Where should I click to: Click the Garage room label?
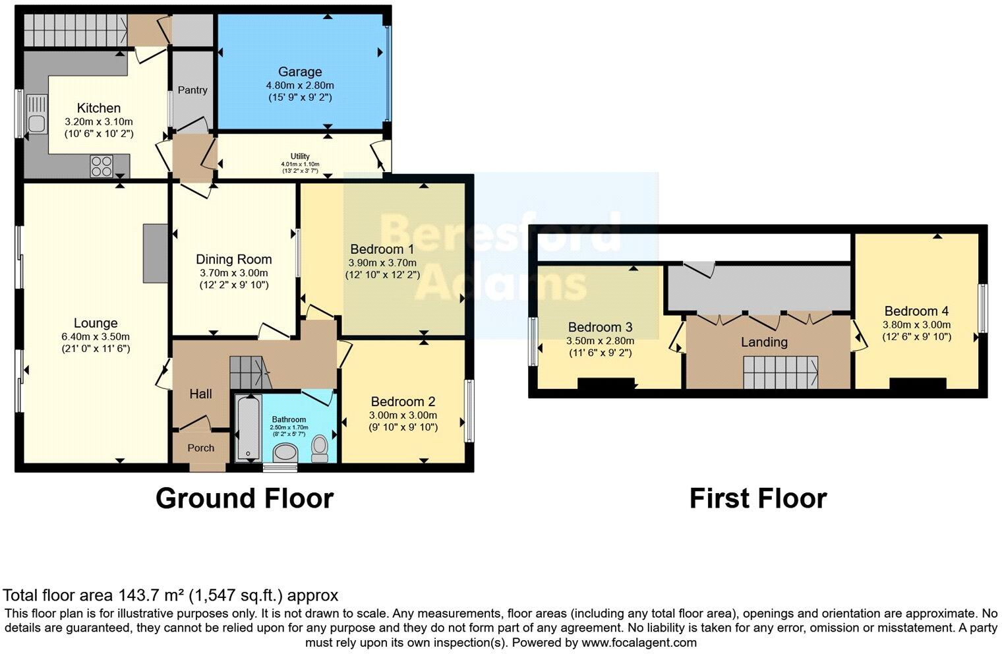(x=300, y=72)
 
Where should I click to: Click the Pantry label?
(x=192, y=90)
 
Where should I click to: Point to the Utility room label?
(x=300, y=156)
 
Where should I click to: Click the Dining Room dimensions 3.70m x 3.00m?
(x=234, y=273)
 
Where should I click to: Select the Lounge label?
(x=96, y=323)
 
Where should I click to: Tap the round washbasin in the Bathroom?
(x=285, y=452)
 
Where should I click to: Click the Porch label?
(x=201, y=448)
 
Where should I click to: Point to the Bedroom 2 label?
(x=403, y=401)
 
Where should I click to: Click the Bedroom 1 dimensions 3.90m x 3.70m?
(x=382, y=262)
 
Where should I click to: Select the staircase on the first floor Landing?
(x=781, y=372)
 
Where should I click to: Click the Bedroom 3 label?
(x=600, y=327)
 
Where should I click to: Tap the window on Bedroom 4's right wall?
(x=982, y=308)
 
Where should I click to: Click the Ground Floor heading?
(x=245, y=498)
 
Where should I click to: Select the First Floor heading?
(x=757, y=498)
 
